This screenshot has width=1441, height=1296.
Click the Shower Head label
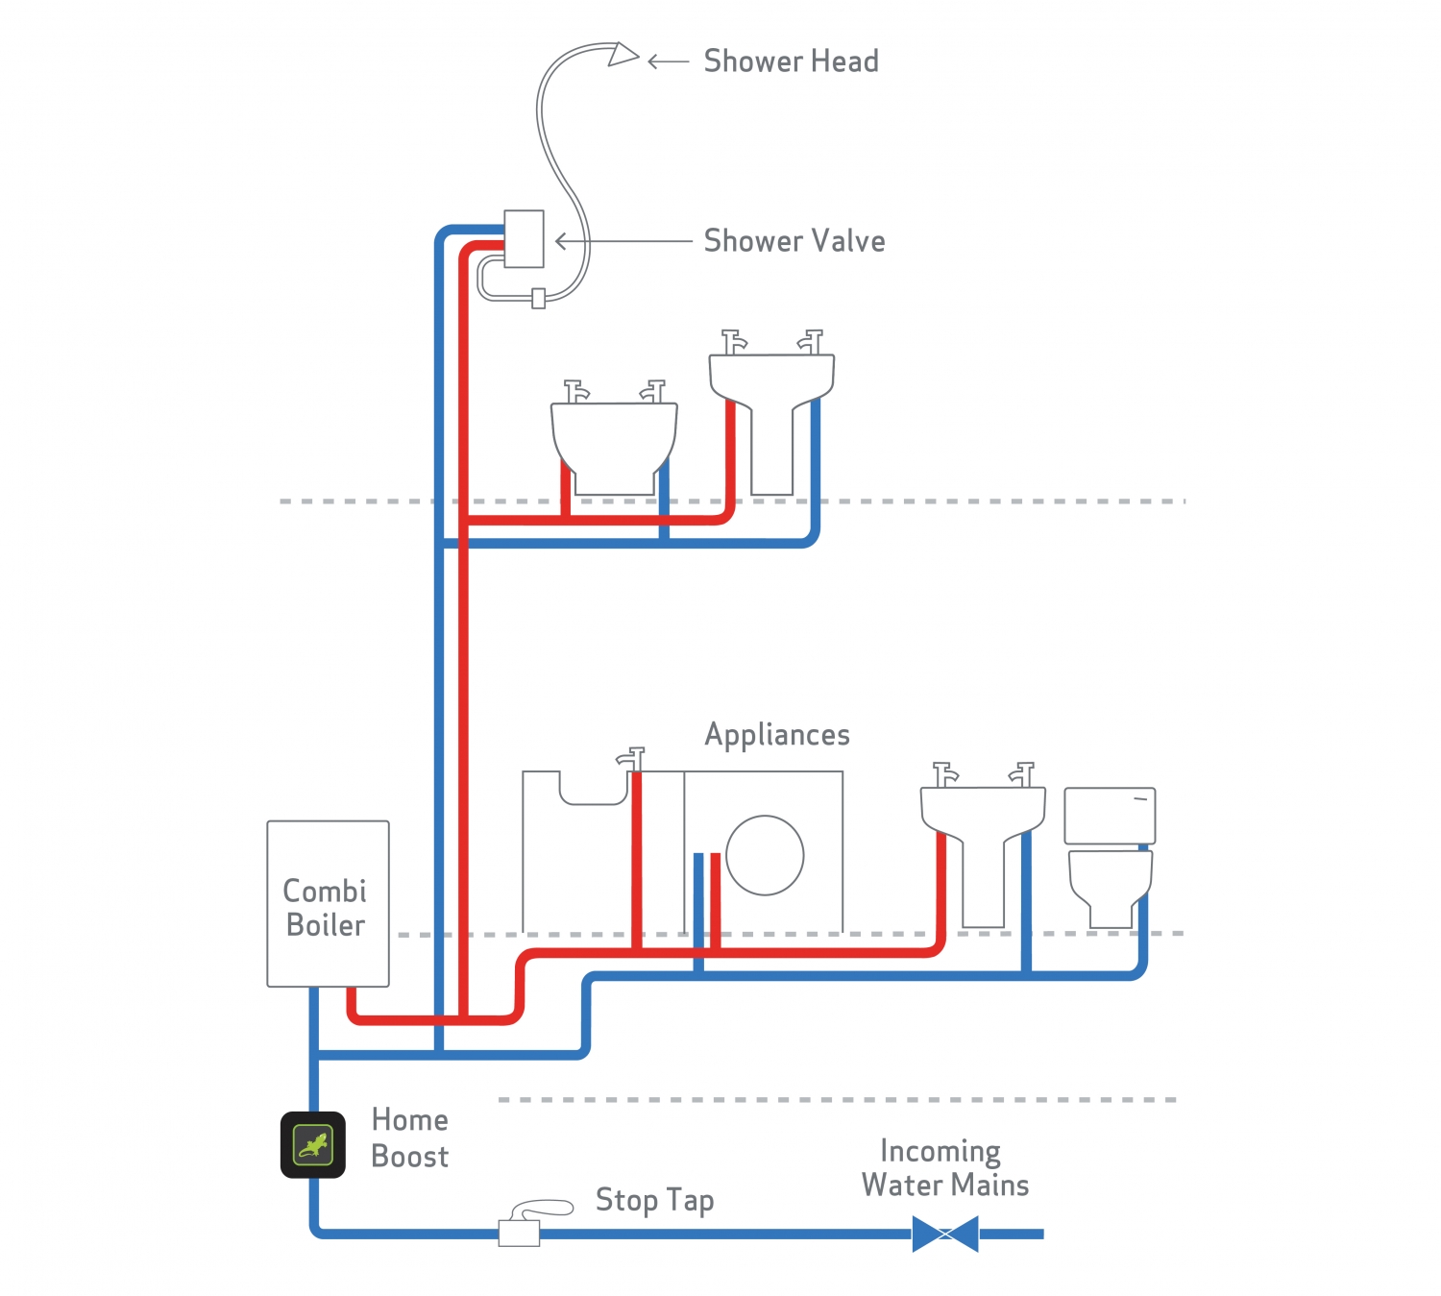click(791, 61)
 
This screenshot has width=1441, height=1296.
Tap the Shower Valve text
click(794, 241)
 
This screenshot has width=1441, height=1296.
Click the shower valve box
click(524, 238)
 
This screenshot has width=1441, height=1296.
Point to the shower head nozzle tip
click(623, 54)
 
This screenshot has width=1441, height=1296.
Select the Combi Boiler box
click(328, 903)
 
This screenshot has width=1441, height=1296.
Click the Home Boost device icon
click(313, 1144)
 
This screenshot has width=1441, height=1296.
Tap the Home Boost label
click(410, 1138)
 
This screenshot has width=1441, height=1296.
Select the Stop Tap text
click(654, 1200)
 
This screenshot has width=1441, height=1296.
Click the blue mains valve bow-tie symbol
click(945, 1234)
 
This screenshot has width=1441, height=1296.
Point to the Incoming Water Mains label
click(944, 1168)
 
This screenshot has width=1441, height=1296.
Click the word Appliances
click(777, 735)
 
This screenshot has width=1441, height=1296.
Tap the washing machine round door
click(765, 855)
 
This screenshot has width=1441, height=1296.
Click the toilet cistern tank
click(1110, 816)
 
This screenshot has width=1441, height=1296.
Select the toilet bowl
click(1111, 884)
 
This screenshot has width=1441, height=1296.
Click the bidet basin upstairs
click(614, 442)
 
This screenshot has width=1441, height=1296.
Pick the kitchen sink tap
click(631, 758)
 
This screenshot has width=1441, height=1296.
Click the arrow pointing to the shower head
click(668, 61)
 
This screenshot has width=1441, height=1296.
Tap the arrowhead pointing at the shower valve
click(561, 241)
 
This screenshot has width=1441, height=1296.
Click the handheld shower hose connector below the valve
click(539, 299)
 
